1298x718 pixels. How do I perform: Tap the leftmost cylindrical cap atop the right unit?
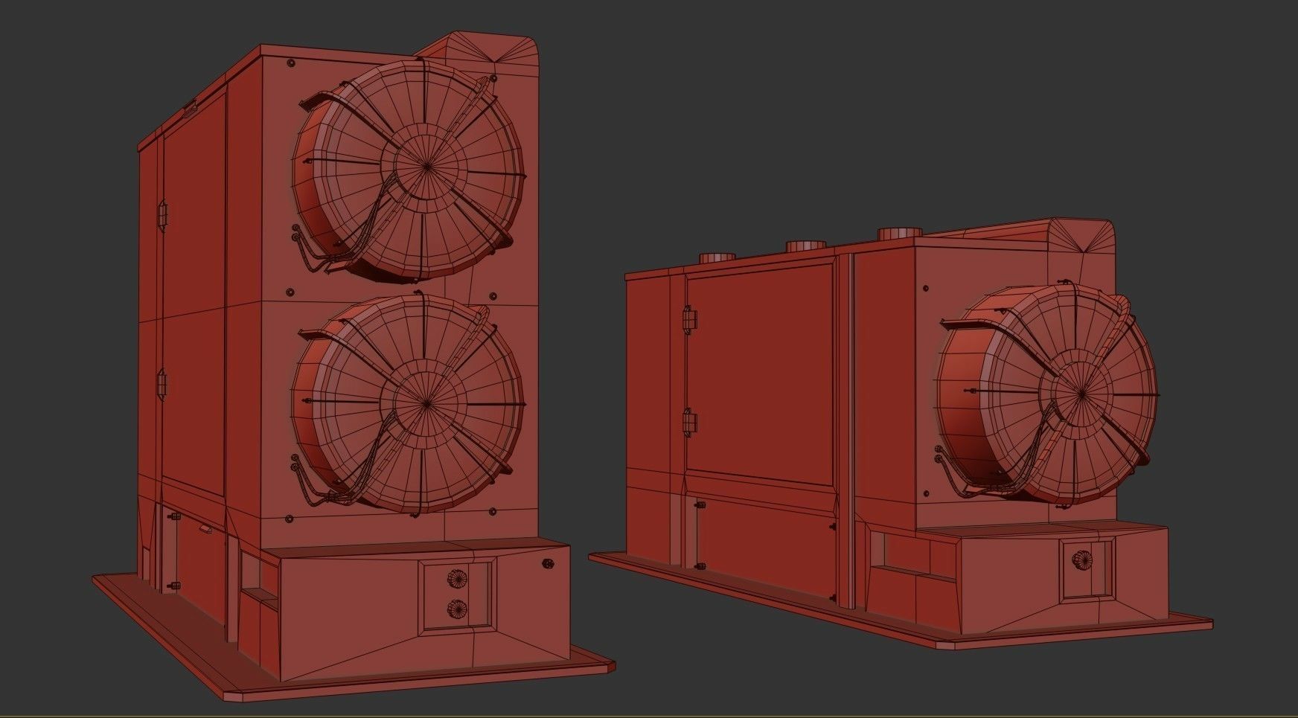click(717, 258)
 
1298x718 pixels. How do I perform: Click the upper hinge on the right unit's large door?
click(690, 320)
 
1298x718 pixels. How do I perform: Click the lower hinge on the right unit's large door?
click(690, 422)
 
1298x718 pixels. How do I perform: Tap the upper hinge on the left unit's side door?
click(162, 214)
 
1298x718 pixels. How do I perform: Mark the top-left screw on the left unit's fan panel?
click(290, 63)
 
